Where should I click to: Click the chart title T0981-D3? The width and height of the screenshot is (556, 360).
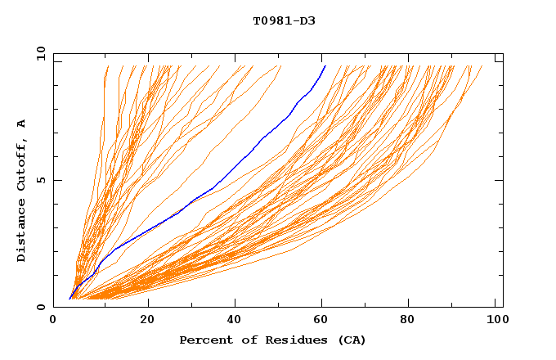[284, 20]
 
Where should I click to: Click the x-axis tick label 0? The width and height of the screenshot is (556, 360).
[53, 320]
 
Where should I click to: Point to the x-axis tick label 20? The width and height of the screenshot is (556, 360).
[147, 320]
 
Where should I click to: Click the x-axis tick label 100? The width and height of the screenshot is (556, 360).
[497, 320]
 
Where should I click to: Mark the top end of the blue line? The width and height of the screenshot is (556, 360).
[325, 66]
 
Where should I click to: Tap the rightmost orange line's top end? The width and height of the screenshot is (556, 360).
[482, 66]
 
